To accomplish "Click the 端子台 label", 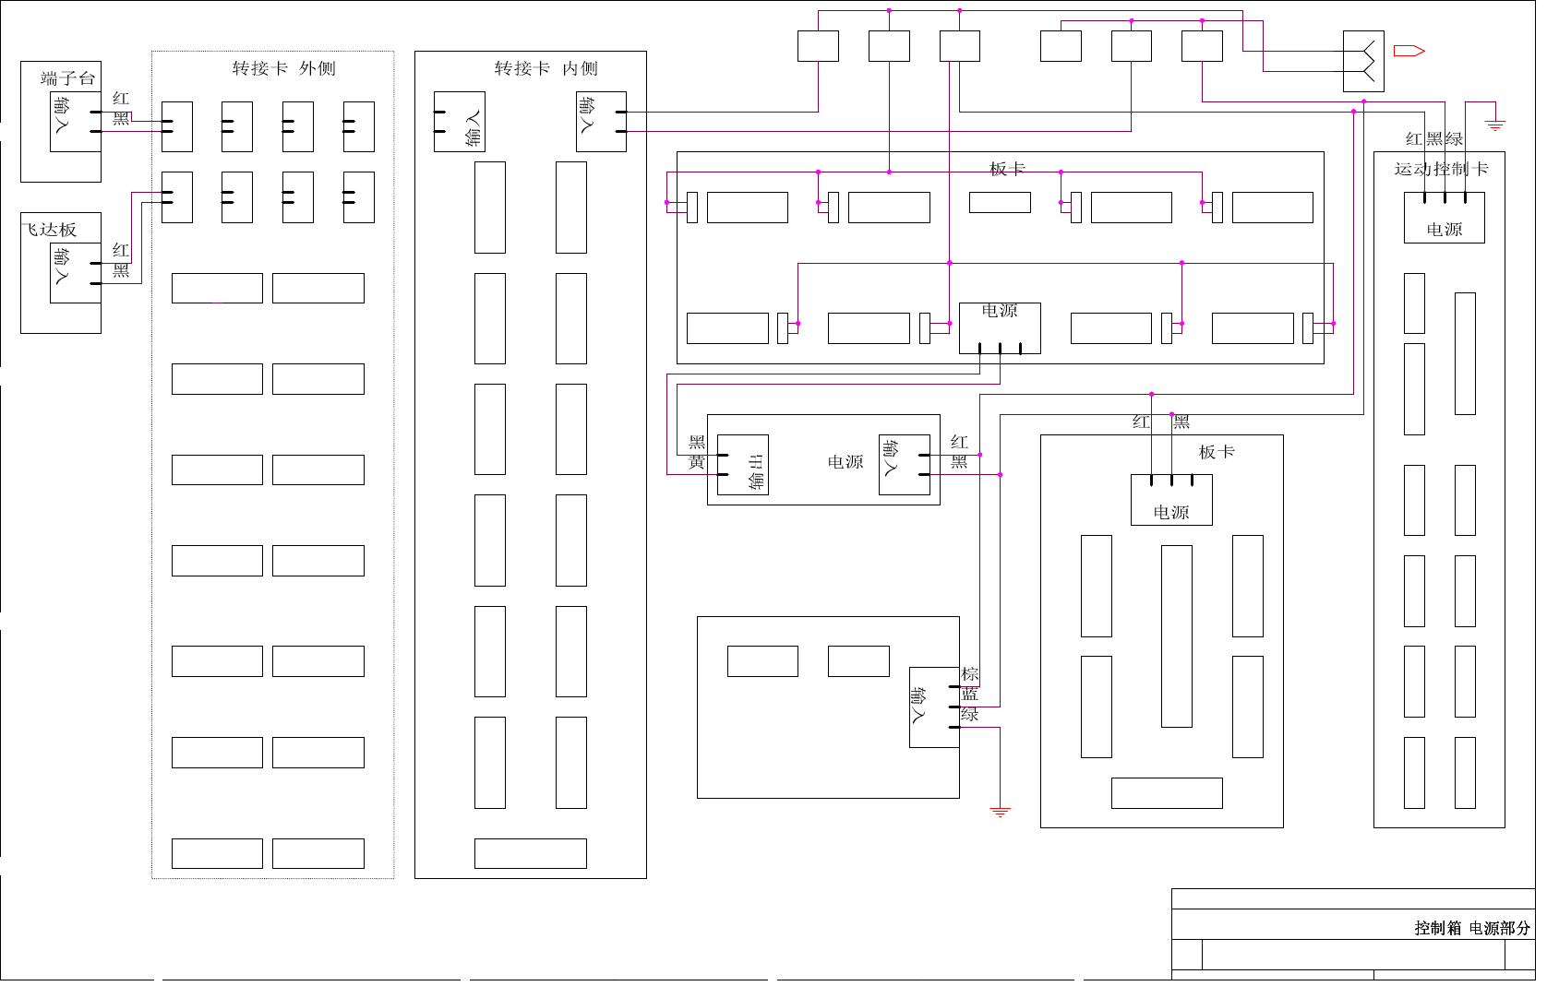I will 67,78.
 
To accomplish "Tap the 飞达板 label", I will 50,230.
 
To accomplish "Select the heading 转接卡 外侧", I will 283,68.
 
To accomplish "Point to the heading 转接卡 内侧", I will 546,68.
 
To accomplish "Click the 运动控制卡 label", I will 1440,169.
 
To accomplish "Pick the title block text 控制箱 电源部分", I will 1471,928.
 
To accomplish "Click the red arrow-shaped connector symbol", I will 1409,51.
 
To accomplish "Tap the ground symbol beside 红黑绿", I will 1495,124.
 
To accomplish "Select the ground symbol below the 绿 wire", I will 1000,812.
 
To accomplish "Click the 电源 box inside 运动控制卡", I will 1444,218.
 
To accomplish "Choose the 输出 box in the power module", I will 743,465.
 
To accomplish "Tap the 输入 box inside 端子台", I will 75,122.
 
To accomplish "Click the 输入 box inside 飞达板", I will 75,272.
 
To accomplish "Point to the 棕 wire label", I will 969,674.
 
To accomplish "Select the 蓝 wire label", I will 969,695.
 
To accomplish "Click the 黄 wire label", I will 697,462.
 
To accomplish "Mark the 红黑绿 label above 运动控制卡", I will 1433,139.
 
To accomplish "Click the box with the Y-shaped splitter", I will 1363,61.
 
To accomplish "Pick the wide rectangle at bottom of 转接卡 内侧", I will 530,853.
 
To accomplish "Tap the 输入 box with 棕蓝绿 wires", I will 934,707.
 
